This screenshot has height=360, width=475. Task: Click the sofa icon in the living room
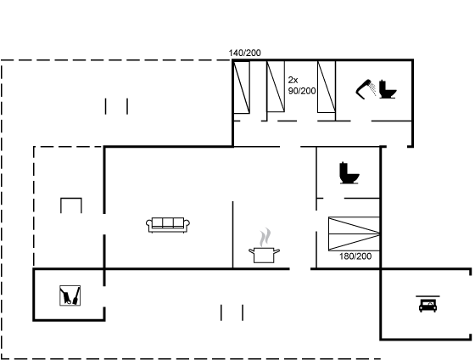point(168,225)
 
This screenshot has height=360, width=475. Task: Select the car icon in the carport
point(427,305)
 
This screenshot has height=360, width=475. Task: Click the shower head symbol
point(364,89)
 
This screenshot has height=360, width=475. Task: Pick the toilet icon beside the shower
point(388,89)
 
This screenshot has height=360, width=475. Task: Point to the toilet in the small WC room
point(349,173)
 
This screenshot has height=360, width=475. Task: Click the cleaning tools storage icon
point(70,295)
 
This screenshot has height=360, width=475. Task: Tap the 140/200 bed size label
point(244,53)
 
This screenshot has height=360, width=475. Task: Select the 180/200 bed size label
point(355,256)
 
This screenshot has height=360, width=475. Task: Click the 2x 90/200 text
point(302,86)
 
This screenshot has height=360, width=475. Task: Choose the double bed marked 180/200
point(354,233)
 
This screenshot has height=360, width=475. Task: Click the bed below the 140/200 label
point(242,87)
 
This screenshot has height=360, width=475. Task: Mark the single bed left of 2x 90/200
point(276,87)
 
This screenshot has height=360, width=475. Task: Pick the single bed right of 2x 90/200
point(327,87)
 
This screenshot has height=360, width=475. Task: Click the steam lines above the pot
point(265,237)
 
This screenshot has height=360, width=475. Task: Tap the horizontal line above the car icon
point(427,296)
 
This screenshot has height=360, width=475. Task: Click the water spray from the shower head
point(373,89)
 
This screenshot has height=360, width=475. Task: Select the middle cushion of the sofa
point(168,223)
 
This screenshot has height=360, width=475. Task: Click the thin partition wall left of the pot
point(232,234)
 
